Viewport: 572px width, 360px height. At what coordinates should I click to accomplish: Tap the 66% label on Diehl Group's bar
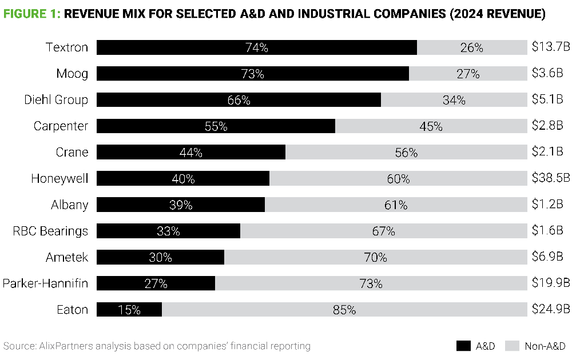pos(239,100)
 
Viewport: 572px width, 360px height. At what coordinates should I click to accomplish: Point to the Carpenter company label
pos(61,126)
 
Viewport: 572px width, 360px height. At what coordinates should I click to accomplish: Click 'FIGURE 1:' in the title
pos(31,14)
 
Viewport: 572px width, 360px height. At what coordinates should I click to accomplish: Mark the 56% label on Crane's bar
pos(406,153)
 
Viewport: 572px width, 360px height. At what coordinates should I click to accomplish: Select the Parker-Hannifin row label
pos(46,283)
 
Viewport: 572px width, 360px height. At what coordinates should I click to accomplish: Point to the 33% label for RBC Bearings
pos(168,231)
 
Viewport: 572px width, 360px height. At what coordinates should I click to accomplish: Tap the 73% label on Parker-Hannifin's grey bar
pos(371,283)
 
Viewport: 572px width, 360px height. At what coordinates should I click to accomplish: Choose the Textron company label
pos(67,47)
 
